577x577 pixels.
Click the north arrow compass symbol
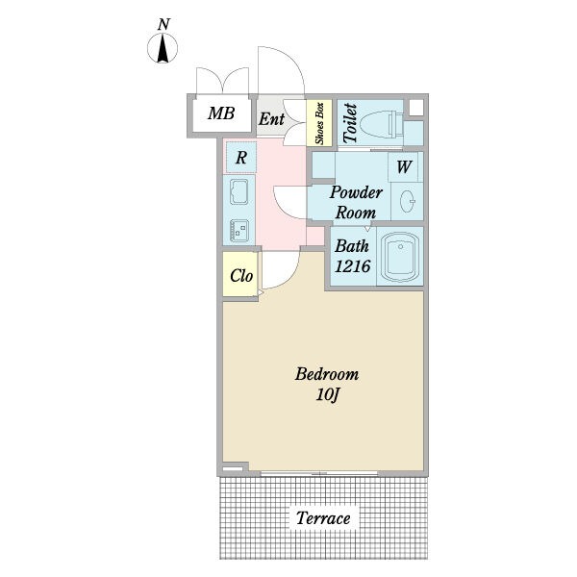point(163,48)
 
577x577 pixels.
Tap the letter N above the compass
point(163,25)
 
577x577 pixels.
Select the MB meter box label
point(221,113)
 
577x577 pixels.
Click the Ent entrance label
point(271,119)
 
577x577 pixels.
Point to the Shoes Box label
point(319,123)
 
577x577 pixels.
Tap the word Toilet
point(350,123)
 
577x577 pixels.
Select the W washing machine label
point(404,166)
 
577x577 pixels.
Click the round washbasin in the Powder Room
point(408,201)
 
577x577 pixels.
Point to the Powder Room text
point(356,202)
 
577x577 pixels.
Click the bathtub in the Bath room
point(400,257)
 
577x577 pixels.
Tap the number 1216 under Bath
point(353,266)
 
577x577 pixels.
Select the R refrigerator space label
point(241,158)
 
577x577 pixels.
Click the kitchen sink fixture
point(238,191)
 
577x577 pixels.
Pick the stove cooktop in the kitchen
point(239,231)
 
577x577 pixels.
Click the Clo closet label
point(241,275)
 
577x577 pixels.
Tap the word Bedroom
point(327,374)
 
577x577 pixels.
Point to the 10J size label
point(327,395)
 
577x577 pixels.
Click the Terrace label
point(323,518)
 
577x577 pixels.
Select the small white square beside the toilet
point(415,108)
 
